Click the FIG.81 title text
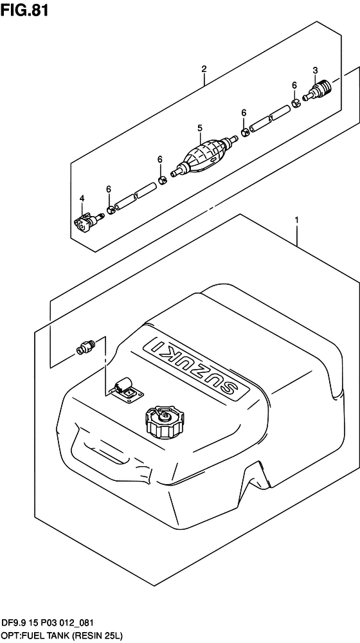[x=24, y=10]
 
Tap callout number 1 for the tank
[x=296, y=221]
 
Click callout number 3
[x=315, y=70]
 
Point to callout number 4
[x=82, y=199]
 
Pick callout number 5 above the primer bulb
[x=200, y=129]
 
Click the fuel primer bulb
[x=204, y=154]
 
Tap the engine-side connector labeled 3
[x=318, y=91]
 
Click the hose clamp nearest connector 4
[x=111, y=211]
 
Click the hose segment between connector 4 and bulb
[x=136, y=197]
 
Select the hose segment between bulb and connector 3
[x=269, y=119]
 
